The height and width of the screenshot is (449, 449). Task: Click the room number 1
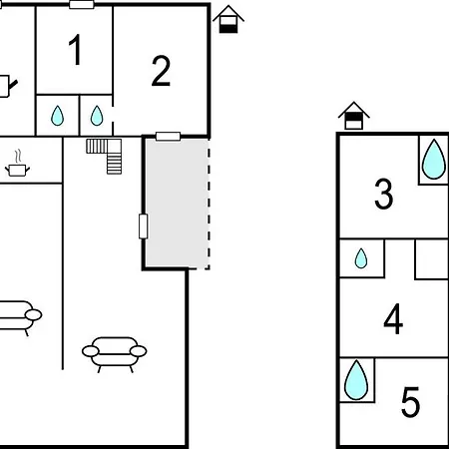tap(76, 50)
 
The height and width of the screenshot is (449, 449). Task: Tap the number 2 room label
tap(161, 71)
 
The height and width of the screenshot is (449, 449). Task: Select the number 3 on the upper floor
tap(384, 194)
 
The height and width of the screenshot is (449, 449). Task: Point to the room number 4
tap(393, 319)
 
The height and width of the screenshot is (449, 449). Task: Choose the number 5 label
tap(410, 401)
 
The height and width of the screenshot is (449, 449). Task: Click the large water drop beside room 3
tap(434, 160)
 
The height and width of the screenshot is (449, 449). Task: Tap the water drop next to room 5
tap(356, 380)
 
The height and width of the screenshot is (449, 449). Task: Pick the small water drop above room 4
tap(361, 258)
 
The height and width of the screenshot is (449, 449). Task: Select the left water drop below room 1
tap(57, 116)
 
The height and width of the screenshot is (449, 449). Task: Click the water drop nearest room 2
tap(97, 116)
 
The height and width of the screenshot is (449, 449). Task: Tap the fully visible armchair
tap(115, 354)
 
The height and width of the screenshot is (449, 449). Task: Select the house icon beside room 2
tap(228, 19)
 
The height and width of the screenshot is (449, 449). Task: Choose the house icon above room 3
tap(354, 116)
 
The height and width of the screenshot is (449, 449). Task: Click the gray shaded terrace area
tap(177, 203)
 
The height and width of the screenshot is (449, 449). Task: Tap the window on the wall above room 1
tap(82, 5)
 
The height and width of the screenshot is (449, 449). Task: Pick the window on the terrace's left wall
tap(144, 226)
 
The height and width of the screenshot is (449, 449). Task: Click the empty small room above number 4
tap(432, 259)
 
